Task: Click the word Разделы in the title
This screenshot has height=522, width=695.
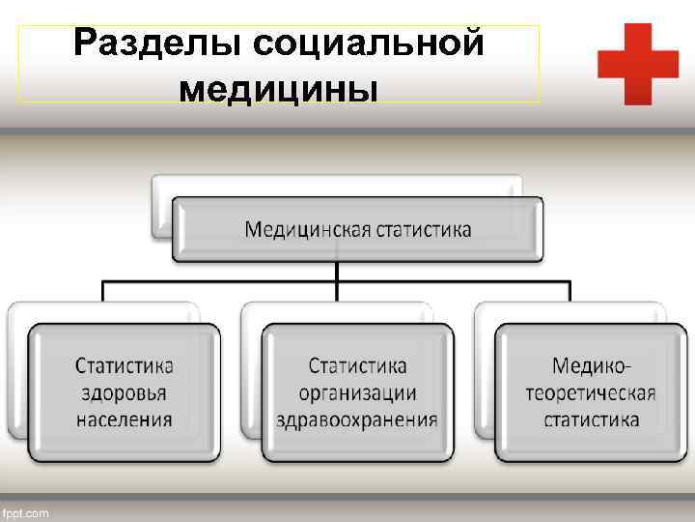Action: (153, 44)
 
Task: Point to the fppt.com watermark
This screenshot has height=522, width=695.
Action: (26, 512)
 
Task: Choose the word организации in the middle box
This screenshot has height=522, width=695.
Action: (357, 393)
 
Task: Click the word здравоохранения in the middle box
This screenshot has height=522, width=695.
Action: (357, 420)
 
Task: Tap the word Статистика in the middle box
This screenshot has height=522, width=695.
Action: (357, 366)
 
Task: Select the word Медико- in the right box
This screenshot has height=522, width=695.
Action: (591, 366)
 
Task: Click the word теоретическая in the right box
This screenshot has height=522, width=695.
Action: (591, 393)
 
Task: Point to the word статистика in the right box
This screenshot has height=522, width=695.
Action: (591, 420)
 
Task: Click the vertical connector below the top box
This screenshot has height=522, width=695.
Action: (337, 271)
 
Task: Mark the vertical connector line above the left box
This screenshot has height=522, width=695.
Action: (104, 291)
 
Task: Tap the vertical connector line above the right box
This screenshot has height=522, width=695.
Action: (570, 291)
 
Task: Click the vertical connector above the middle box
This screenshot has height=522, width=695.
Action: (337, 292)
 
